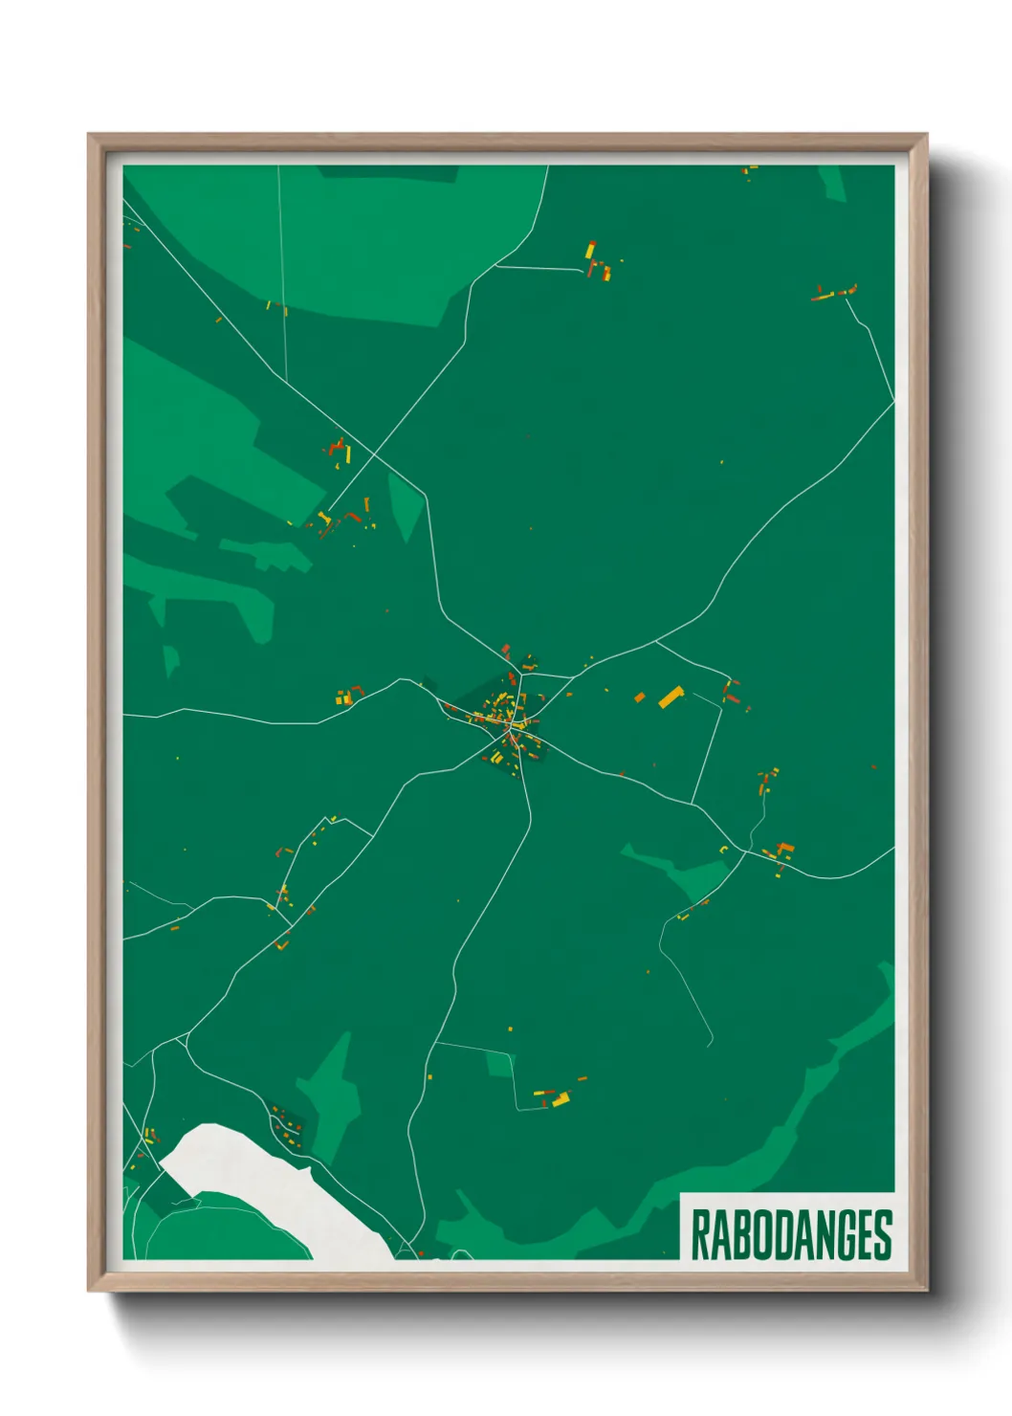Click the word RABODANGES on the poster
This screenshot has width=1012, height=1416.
(x=790, y=1234)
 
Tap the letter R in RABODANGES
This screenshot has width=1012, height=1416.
(x=699, y=1235)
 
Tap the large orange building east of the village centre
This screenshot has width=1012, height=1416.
(x=671, y=696)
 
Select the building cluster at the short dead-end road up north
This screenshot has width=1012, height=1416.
(x=598, y=262)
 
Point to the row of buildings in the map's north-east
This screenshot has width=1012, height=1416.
(x=835, y=293)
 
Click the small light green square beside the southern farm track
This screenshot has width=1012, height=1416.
(x=499, y=1063)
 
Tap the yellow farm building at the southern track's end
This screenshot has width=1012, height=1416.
(x=560, y=1100)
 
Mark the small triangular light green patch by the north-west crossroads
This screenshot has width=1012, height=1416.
(x=406, y=502)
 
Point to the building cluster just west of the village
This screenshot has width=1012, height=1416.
(x=349, y=696)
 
